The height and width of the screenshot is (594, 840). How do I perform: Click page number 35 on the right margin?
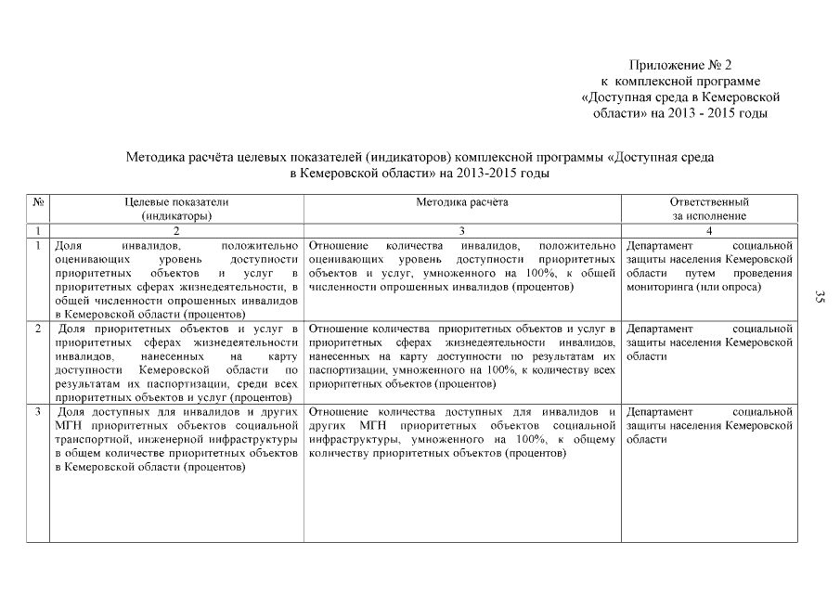(820, 297)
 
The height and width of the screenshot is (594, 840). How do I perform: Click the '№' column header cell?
(38, 201)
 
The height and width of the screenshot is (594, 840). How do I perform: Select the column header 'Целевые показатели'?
(176, 201)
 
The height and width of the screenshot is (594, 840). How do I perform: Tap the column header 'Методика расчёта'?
(462, 201)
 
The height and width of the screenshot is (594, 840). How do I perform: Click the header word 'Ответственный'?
(709, 201)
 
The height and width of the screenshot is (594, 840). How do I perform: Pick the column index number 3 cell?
(462, 230)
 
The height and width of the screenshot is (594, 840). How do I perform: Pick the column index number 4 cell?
(709, 230)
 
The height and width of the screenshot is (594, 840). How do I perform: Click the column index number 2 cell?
(176, 230)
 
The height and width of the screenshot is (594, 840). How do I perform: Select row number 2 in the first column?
(37, 329)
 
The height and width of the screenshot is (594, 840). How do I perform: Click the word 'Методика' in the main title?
(153, 158)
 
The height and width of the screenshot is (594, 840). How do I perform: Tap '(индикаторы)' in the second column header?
(176, 215)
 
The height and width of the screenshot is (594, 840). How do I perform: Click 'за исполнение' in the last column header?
(709, 215)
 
